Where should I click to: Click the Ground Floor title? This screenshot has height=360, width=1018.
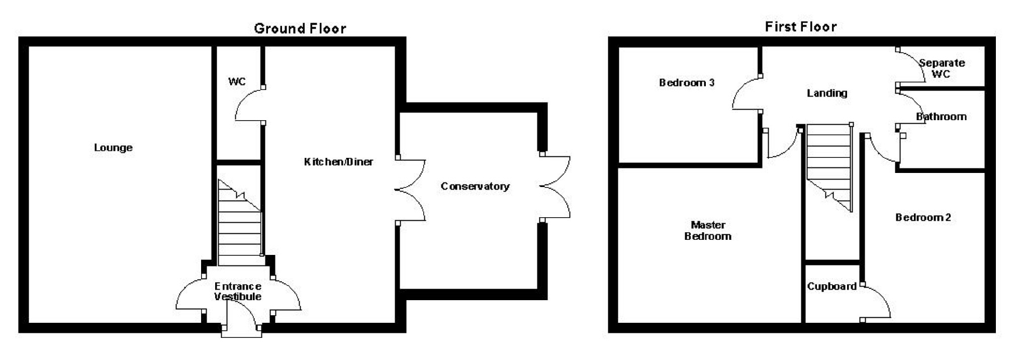300,29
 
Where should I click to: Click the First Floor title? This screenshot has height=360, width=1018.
800,27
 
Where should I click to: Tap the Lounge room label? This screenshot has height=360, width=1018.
113,147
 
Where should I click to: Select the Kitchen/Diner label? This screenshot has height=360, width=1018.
338,161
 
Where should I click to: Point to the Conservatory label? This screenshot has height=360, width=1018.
475,186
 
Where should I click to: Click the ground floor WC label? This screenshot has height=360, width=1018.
237,81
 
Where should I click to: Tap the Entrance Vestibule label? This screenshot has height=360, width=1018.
238,291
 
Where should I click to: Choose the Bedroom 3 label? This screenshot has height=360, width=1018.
686,82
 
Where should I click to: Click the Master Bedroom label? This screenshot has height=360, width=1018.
707,230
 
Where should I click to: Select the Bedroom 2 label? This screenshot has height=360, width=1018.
922,217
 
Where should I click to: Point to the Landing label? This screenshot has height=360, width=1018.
826,93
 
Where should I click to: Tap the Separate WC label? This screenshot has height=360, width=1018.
941,68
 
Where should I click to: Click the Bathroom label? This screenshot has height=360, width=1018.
941,117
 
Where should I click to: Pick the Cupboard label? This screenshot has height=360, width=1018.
831,286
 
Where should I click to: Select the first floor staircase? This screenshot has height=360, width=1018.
828,161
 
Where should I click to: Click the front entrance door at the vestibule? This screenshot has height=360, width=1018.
241,317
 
